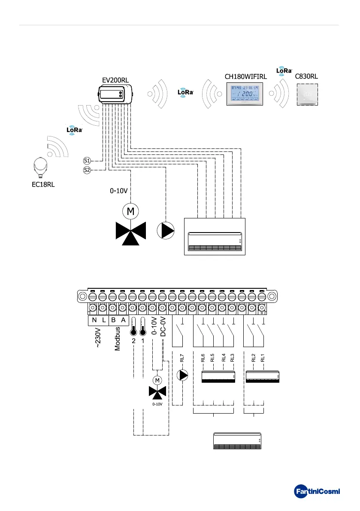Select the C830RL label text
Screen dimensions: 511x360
tap(307, 77)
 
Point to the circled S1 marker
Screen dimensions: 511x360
tap(87, 161)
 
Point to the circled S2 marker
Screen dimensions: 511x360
tap(87, 170)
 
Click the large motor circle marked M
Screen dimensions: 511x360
tap(130, 211)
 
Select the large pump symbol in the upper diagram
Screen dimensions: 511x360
tap(166, 231)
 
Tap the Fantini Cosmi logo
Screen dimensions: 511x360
tap(317, 490)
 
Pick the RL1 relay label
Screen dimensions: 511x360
tap(263, 357)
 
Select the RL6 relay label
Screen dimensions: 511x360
tap(203, 357)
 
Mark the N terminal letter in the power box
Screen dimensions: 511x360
tap(94, 320)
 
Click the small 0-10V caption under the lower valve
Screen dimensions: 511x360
tap(157, 404)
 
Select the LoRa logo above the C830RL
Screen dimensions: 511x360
tap(284, 71)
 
